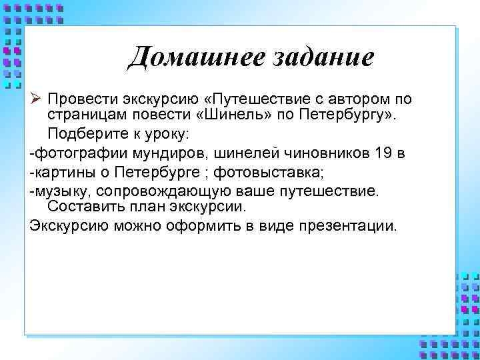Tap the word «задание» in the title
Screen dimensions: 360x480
(x=323, y=57)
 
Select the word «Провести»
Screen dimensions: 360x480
(x=77, y=99)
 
